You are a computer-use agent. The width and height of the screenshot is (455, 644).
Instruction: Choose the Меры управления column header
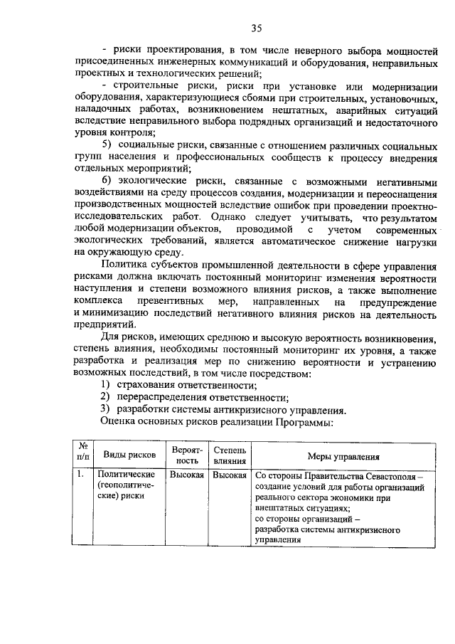pyautogui.click(x=343, y=457)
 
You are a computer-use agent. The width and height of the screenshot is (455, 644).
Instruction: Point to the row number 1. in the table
pyautogui.click(x=82, y=475)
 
